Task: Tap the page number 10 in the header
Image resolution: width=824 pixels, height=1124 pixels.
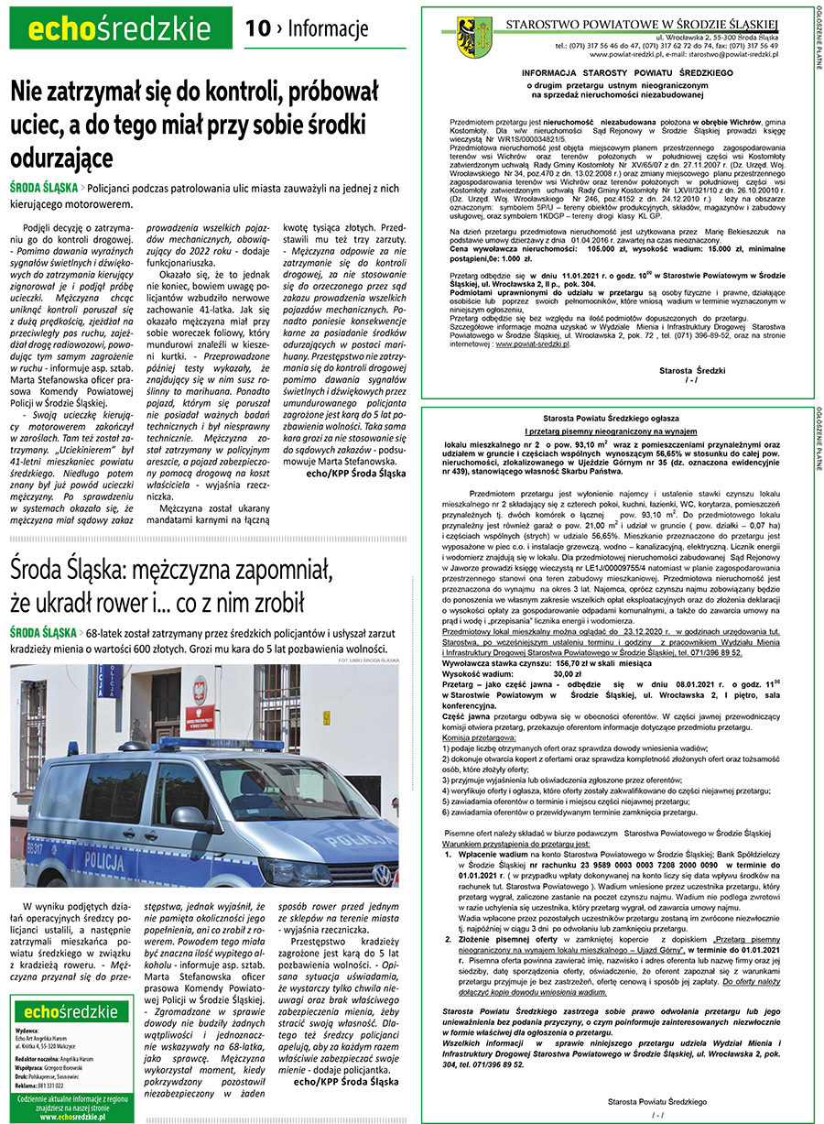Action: pyautogui.click(x=258, y=29)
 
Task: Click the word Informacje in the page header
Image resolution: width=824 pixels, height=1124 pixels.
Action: pyautogui.click(x=328, y=29)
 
